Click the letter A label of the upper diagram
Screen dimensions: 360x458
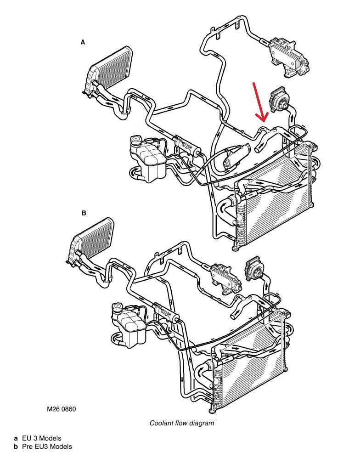coord(83,42)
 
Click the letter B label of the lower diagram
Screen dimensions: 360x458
coord(84,213)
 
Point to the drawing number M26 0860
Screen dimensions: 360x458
coord(62,409)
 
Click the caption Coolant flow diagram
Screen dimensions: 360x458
coord(181,423)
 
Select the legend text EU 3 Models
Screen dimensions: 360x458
coord(42,438)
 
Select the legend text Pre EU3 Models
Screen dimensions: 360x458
coord(47,447)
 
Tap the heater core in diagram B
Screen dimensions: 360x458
coord(90,239)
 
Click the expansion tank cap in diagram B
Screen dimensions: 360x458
coord(118,307)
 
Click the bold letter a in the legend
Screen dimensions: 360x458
coord(16,438)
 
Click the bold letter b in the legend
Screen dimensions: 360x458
coord(16,447)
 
